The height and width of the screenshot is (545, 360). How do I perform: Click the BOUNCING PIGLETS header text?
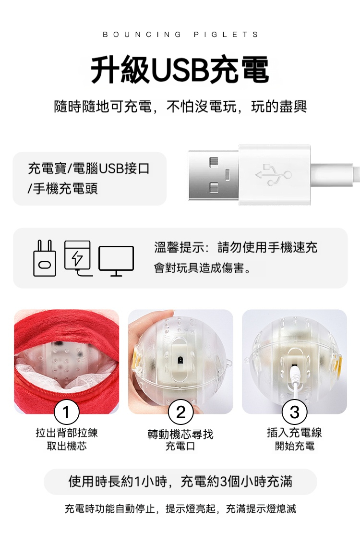click(180, 35)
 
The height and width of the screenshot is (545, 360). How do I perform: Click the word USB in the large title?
click(180, 70)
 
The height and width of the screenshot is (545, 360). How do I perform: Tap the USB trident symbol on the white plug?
click(274, 174)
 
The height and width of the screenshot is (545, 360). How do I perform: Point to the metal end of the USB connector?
click(213, 175)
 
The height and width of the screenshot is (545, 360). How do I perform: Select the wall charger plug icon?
click(45, 258)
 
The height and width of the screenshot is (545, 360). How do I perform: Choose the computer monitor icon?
click(116, 261)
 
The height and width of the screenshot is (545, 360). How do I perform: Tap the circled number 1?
click(66, 412)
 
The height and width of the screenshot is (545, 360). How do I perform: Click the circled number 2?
click(180, 412)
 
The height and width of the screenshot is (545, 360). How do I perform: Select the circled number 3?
click(294, 412)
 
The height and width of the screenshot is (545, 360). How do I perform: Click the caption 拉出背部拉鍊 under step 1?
click(67, 433)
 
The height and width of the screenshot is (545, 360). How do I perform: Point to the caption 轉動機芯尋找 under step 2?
click(180, 434)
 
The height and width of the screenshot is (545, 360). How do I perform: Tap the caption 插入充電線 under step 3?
click(294, 433)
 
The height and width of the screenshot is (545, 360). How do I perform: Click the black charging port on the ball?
click(180, 359)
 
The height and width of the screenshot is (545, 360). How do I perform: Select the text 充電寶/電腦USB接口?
click(89, 168)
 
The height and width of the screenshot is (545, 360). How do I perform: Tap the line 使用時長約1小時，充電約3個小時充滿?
click(180, 482)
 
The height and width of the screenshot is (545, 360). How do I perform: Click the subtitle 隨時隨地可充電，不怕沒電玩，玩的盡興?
click(180, 106)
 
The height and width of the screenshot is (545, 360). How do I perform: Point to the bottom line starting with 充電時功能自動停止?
click(180, 509)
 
